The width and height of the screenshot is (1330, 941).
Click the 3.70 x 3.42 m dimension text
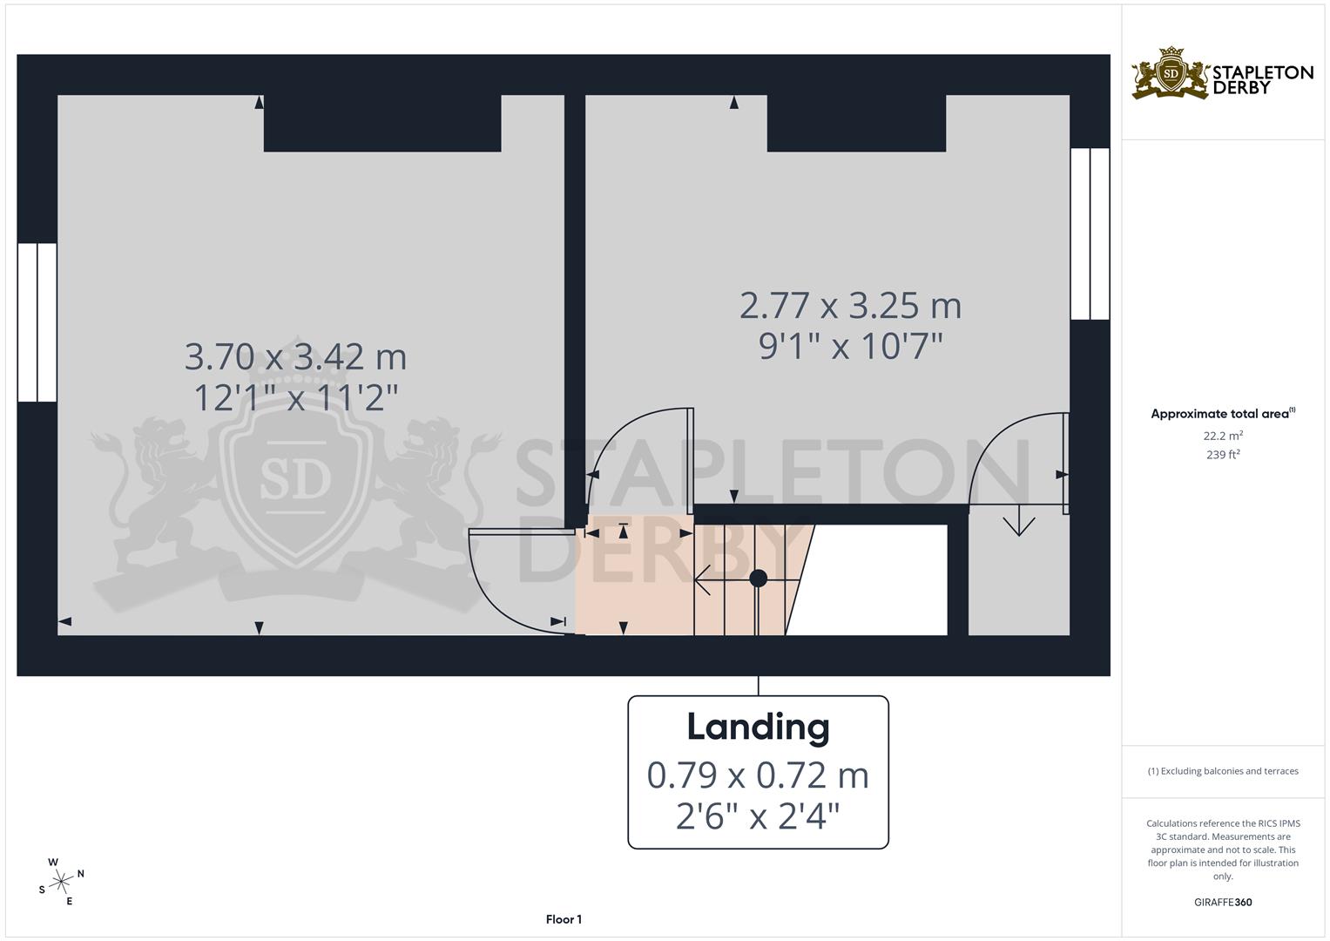click(296, 356)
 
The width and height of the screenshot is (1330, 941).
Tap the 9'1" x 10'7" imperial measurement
click(851, 347)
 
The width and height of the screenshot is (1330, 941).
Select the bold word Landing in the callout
click(758, 727)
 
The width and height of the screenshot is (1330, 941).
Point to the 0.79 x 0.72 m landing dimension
click(758, 775)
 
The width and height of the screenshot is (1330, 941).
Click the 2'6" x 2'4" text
click(758, 816)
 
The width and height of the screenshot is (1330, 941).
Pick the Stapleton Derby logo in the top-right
click(1222, 74)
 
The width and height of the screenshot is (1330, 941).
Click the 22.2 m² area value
click(1223, 435)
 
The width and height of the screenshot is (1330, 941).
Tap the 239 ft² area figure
click(1223, 455)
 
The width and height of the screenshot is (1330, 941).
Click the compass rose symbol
click(61, 882)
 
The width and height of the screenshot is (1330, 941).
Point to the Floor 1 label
click(564, 919)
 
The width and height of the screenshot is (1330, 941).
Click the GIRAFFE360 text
click(1223, 903)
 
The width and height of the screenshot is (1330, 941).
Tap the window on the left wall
click(37, 322)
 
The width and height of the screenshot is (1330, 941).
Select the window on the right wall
click(1090, 234)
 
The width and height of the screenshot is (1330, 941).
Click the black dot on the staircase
click(758, 578)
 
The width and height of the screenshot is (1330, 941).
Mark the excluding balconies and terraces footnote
click(1223, 771)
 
